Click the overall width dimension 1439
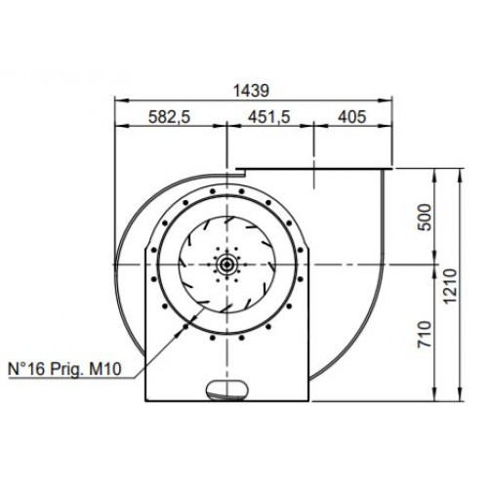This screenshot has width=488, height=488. [252, 91]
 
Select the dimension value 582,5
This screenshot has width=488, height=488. [169, 117]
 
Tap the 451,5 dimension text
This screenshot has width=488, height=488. [269, 117]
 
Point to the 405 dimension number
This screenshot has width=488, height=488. [352, 116]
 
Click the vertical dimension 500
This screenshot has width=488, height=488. [425, 217]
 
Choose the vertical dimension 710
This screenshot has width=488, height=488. [425, 334]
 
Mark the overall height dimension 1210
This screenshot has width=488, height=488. [451, 286]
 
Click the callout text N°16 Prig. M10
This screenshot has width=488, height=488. [64, 369]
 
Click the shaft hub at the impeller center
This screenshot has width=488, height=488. [226, 264]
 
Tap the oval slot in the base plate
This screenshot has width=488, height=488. [226, 389]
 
